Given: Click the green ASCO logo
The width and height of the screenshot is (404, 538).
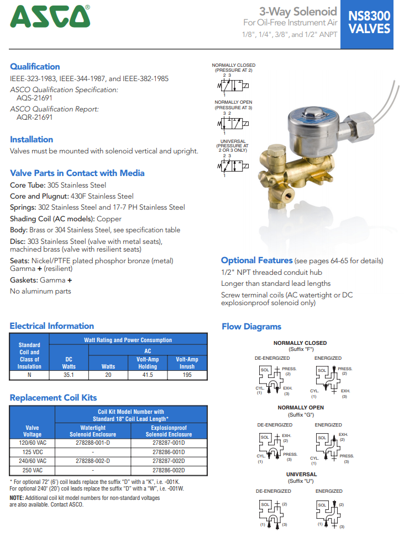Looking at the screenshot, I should [50, 17].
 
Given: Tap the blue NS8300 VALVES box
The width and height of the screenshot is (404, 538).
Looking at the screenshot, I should [369, 23].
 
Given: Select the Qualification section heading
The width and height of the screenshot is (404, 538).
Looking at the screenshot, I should [35, 67].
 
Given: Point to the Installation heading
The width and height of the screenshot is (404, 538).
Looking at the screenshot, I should [32, 140].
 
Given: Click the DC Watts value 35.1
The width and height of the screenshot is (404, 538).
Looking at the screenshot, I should [69, 375].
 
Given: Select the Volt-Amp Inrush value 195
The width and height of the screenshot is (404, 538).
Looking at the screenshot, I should [187, 375].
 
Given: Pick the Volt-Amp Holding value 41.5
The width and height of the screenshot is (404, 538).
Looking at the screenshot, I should [148, 375].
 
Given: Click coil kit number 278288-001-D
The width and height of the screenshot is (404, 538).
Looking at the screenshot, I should [92, 443].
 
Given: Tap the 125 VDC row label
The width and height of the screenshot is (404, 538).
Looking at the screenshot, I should [32, 452].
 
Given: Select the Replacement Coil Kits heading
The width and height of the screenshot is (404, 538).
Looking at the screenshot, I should [53, 398].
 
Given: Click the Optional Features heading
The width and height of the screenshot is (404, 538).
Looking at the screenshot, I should [256, 260].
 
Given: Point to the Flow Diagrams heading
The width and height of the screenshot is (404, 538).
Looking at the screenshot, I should [251, 327].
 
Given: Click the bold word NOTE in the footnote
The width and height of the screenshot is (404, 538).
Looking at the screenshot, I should [17, 498].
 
